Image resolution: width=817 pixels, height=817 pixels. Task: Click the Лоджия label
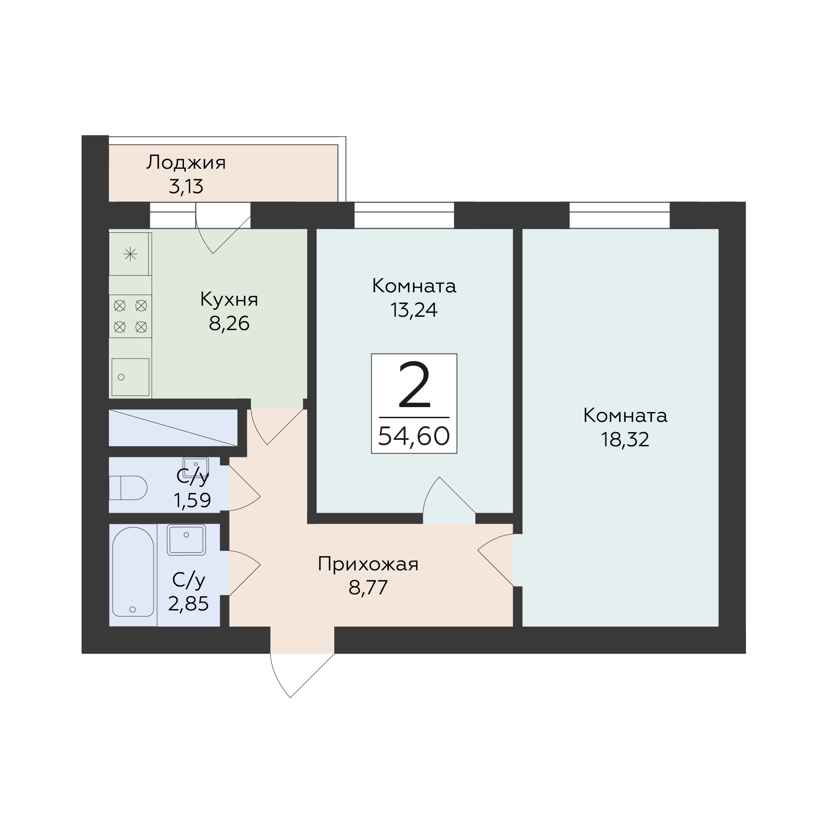click(186, 163)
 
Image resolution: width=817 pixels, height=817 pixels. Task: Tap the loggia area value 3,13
click(186, 187)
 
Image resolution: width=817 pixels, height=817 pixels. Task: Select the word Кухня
click(229, 300)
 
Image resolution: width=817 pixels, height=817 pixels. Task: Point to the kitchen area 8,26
click(229, 324)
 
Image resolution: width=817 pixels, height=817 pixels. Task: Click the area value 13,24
click(414, 310)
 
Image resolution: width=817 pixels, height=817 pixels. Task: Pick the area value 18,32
click(625, 439)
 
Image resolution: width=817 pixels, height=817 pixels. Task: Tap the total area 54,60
click(414, 436)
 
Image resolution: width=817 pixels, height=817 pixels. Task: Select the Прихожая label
click(368, 564)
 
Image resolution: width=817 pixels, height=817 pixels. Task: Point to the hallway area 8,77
click(368, 588)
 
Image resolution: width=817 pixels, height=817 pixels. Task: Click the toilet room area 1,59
click(192, 500)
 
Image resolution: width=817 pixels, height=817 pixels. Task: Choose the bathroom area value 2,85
click(188, 603)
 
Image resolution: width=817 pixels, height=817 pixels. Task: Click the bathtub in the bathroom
click(133, 572)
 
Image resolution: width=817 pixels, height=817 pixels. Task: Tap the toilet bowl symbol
click(128, 488)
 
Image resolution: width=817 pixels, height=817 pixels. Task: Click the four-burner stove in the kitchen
click(130, 316)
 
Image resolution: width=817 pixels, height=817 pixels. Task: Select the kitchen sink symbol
click(130, 377)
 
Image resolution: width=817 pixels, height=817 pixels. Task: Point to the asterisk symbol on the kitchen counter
click(130, 254)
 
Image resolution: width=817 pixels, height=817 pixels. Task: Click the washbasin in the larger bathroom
click(186, 539)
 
